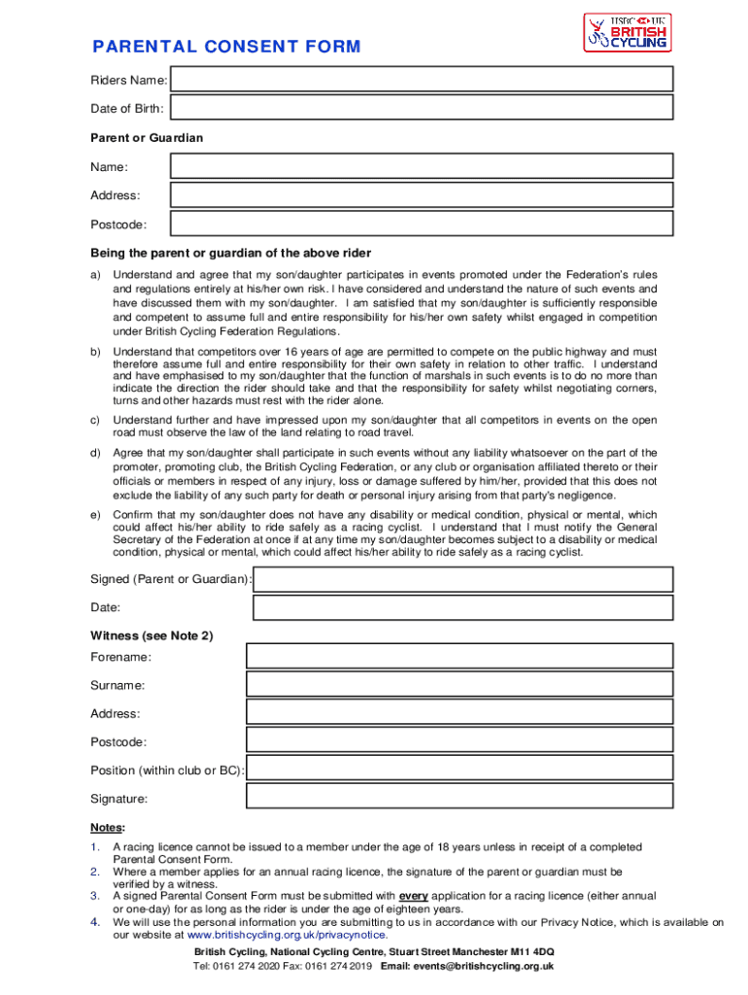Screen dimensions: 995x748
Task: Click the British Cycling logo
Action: coord(627,33)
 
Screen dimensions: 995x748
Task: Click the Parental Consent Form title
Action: coord(226,48)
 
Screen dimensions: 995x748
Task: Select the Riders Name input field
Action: coord(423,79)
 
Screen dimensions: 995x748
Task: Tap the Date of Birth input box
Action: coord(423,108)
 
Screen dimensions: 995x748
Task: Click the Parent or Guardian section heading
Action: coord(147,138)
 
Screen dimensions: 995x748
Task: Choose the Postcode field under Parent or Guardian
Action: coord(423,224)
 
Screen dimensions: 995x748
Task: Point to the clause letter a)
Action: coord(95,275)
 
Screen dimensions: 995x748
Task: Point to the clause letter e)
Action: coord(95,515)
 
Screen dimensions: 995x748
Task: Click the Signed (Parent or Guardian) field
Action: coord(462,580)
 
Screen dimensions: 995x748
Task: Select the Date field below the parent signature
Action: coord(462,608)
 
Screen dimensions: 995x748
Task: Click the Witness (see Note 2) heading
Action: coord(152,636)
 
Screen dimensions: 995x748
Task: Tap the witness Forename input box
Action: coord(459,657)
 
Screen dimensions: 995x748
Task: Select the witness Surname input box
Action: coord(459,685)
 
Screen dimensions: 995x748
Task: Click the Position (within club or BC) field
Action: coord(459,770)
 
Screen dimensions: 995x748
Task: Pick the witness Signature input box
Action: coord(459,798)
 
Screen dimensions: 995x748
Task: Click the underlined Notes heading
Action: coord(107,828)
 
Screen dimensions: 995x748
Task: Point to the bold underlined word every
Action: coord(414,896)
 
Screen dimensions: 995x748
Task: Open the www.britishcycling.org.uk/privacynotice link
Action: coord(280,935)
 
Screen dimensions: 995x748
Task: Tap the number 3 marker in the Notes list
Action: coord(95,896)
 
